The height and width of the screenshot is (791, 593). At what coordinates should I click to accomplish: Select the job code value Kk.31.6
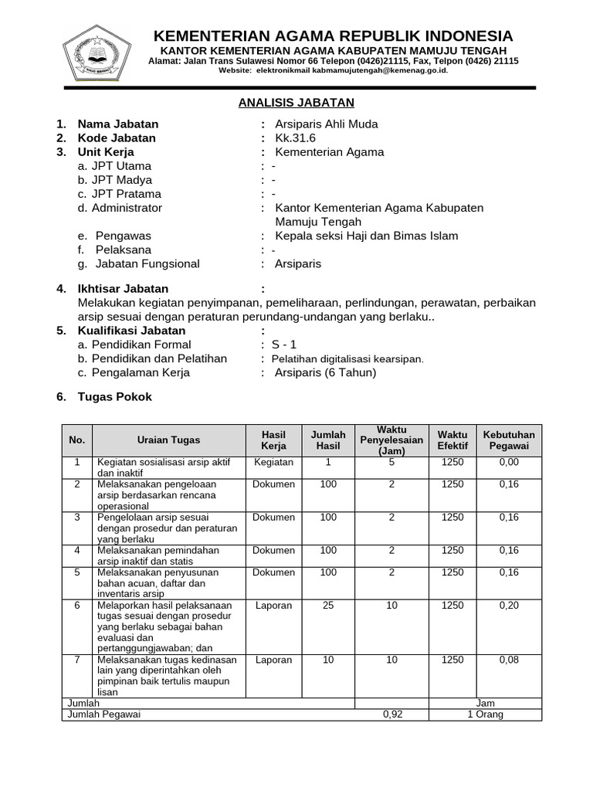click(295, 138)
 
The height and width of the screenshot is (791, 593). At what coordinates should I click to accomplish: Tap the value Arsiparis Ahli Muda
click(326, 124)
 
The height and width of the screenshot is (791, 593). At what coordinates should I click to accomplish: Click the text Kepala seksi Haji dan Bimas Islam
click(366, 236)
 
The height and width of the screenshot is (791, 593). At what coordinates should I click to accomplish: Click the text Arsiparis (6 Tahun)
click(325, 372)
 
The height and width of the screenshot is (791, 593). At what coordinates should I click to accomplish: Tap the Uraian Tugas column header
click(168, 440)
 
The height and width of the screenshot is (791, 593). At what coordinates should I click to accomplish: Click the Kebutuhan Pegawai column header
click(509, 440)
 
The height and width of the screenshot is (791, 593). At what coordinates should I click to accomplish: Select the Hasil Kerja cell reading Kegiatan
click(273, 463)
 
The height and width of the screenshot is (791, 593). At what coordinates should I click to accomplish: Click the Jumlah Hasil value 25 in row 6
click(328, 606)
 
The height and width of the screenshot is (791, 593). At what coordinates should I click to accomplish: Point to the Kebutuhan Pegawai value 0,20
click(509, 606)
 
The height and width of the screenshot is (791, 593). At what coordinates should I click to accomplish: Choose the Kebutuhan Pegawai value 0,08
click(509, 660)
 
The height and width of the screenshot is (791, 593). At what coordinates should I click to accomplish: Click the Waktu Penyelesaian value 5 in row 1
click(391, 463)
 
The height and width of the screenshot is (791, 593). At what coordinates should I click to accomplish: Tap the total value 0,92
click(393, 715)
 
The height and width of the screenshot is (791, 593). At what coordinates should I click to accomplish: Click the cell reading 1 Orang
click(485, 715)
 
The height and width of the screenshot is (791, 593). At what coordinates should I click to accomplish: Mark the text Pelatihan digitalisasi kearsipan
click(343, 359)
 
